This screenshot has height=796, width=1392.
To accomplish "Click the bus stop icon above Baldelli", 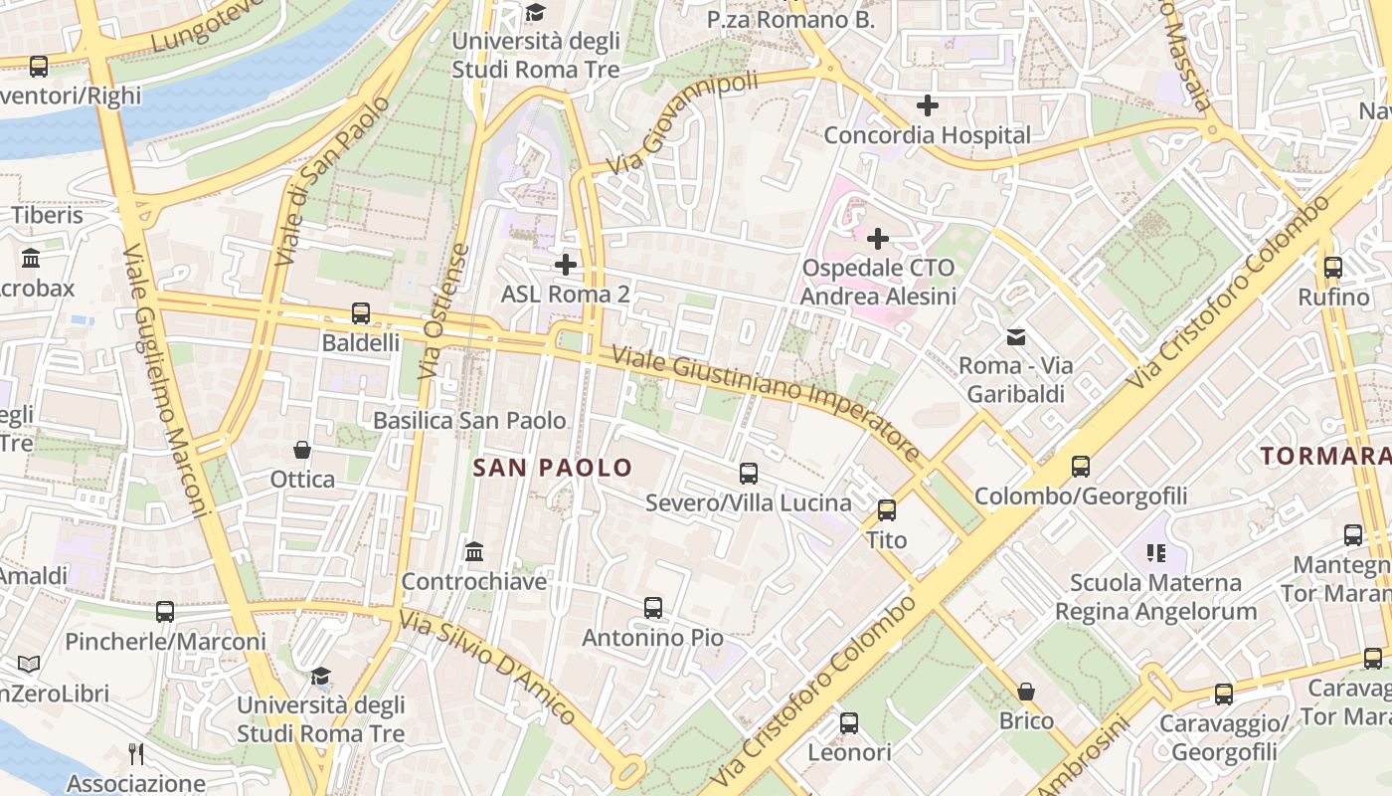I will pyautogui.click(x=361, y=313).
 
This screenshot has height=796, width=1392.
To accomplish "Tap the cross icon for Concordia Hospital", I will pyautogui.click(x=928, y=105).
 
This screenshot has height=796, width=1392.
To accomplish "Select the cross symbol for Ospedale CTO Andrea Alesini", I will pyautogui.click(x=878, y=239).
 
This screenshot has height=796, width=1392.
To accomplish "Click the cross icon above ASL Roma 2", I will pyautogui.click(x=566, y=265).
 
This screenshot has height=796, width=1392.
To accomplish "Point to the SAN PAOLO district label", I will pyautogui.click(x=553, y=468).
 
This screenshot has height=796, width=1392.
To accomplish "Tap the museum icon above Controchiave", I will pyautogui.click(x=474, y=551).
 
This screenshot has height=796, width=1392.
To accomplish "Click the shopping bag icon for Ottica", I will pyautogui.click(x=302, y=450).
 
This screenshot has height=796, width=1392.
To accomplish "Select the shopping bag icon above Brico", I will pyautogui.click(x=1026, y=691).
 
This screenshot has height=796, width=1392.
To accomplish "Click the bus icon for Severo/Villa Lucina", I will pyautogui.click(x=749, y=474).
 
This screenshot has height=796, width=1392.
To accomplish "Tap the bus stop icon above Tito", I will pyautogui.click(x=887, y=510).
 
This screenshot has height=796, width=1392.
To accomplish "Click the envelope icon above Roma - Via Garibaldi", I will pyautogui.click(x=1016, y=336).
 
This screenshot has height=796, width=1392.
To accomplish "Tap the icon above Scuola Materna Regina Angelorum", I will pyautogui.click(x=1154, y=552).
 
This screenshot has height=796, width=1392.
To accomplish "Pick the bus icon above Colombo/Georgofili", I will pyautogui.click(x=1081, y=466).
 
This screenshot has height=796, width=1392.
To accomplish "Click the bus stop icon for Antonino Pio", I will pyautogui.click(x=653, y=608).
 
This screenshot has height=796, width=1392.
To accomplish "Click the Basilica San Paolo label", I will pyautogui.click(x=469, y=421).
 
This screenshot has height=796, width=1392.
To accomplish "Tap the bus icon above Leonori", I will pyautogui.click(x=849, y=723).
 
